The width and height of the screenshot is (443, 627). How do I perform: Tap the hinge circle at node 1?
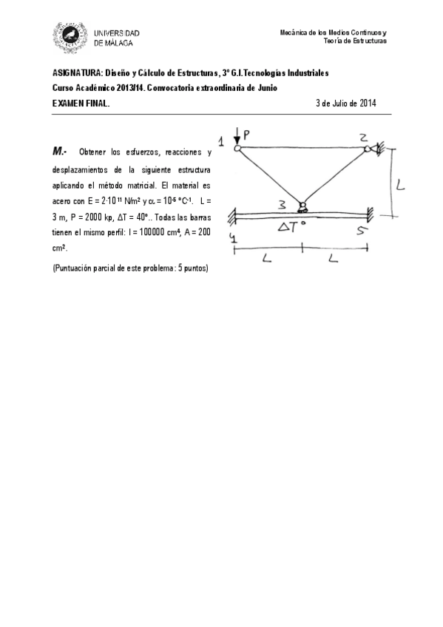click(x=237, y=149)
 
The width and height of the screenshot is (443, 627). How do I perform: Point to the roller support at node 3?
click(x=302, y=207)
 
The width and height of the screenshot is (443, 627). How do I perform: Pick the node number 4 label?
click(x=234, y=238)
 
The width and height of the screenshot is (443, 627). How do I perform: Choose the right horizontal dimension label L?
click(x=334, y=259)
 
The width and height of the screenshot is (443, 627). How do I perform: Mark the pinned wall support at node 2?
click(x=377, y=149)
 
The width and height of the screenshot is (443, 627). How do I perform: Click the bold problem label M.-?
click(x=60, y=152)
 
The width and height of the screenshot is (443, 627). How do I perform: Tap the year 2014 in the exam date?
click(x=368, y=104)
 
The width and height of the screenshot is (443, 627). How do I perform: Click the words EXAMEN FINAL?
click(x=81, y=104)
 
